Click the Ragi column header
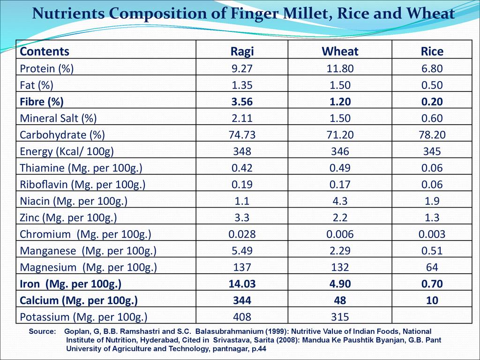(242, 51)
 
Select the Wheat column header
(340, 51)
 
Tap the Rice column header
(432, 51)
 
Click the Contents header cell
(45, 51)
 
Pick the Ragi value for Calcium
(242, 300)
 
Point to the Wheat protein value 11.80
(340, 69)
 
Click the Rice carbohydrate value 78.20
(432, 135)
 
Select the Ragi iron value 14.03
(242, 284)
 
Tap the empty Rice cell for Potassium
(432, 316)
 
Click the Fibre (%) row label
(42, 102)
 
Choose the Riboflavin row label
(82, 185)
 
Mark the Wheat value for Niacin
(340, 201)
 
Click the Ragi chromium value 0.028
(242, 234)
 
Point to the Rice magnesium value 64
(432, 267)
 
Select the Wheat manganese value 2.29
(340, 251)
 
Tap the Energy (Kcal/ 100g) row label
(67, 151)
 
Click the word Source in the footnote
(42, 331)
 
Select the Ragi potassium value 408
(242, 316)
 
